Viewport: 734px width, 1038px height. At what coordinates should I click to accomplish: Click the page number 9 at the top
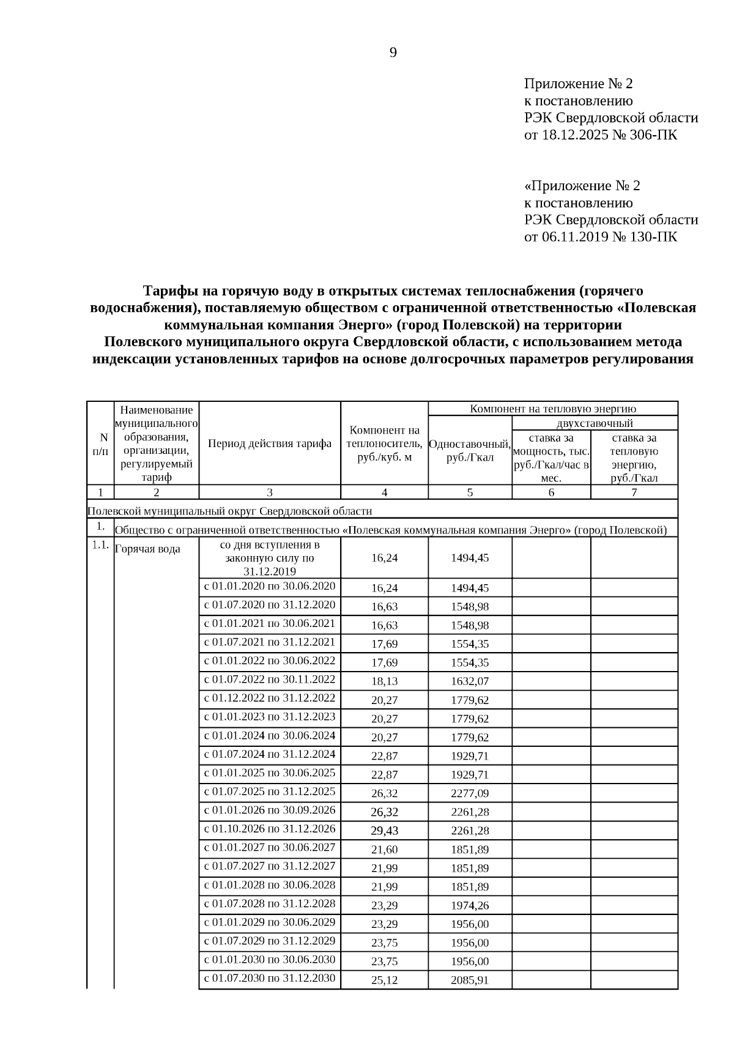point(393,53)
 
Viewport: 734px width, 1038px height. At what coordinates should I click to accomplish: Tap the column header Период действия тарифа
point(270,443)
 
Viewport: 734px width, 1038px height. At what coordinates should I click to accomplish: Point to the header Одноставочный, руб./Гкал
point(470,450)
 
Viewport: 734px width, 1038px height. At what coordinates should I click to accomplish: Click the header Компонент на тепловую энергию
point(553,409)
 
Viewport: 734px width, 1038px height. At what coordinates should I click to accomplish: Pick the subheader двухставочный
point(595,423)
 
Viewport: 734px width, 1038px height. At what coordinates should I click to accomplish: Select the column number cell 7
point(634,492)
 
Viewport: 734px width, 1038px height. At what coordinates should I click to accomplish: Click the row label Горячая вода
point(147,549)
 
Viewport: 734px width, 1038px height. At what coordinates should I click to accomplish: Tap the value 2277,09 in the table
point(470,793)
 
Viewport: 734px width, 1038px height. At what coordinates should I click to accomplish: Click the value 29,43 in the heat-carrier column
point(384,831)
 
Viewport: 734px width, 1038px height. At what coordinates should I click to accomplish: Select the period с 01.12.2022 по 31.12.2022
point(270,698)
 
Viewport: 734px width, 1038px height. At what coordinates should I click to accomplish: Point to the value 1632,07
point(470,681)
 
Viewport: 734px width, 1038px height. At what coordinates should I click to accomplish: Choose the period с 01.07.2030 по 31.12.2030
point(270,978)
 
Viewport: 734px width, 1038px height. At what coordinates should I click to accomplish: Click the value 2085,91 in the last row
point(470,981)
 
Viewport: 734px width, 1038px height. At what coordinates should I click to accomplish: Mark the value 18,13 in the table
point(384,681)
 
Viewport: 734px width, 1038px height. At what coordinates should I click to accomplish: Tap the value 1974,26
point(470,905)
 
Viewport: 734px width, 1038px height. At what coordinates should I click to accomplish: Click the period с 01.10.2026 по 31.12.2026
point(270,829)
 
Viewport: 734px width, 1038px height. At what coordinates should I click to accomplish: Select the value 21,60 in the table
point(384,850)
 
